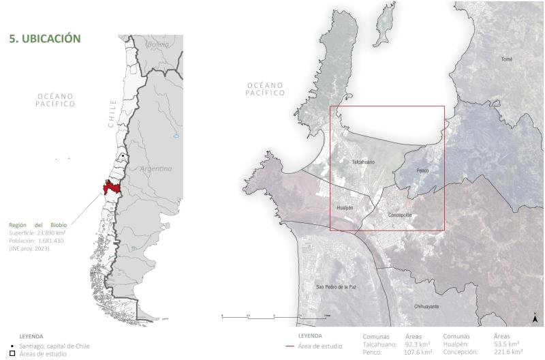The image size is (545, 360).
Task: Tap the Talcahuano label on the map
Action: coord(363,162)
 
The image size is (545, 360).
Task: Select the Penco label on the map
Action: coord(422,169)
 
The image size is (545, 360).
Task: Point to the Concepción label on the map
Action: coord(400,215)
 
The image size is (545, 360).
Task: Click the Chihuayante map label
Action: coord(426,307)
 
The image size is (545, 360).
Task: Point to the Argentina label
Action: coord(157,168)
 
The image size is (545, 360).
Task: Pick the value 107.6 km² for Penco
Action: coord(419,352)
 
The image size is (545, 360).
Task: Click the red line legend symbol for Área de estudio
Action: coord(290,346)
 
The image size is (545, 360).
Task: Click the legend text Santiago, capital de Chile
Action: coord(54,346)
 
